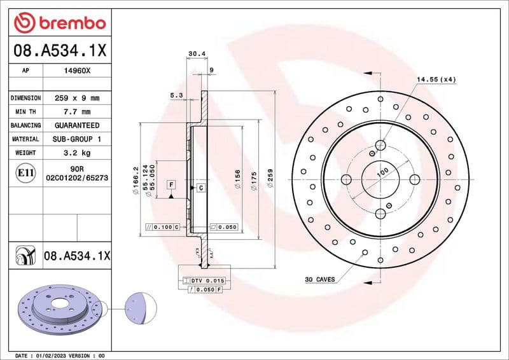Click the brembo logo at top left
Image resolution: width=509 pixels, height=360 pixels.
(59, 23)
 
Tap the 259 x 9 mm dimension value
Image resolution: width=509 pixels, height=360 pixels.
(76, 99)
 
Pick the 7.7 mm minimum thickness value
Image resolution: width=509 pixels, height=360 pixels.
(76, 112)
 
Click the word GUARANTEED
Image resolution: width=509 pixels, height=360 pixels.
(76, 125)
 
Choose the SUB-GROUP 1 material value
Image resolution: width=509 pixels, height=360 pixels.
(76, 139)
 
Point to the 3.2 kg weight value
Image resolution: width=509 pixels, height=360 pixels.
(76, 153)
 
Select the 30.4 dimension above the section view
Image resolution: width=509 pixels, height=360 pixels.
(197, 54)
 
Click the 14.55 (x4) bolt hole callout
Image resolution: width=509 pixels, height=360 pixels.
(436, 80)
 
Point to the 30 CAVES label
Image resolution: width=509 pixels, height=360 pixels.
(320, 279)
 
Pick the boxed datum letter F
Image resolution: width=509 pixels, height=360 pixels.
(171, 184)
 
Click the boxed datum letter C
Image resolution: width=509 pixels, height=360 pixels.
(200, 188)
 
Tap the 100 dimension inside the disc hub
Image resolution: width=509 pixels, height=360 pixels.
(382, 172)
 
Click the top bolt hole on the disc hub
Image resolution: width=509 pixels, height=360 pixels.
(380, 144)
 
